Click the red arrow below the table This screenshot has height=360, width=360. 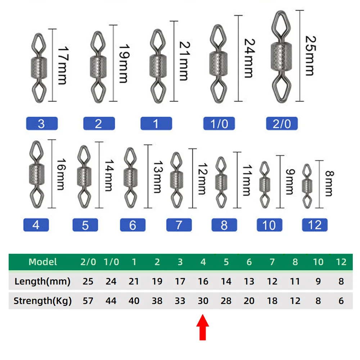click(x=202, y=327)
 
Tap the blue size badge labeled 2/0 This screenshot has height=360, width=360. click(x=282, y=123)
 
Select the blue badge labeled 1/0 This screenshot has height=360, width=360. click(x=219, y=123)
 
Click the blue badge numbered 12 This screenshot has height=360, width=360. click(x=315, y=225)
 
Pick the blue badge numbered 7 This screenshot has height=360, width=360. click(x=179, y=225)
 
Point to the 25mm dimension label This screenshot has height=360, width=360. click(x=311, y=56)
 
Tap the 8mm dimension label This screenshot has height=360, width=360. click(x=329, y=184)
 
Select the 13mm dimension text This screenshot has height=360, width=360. click(x=158, y=177)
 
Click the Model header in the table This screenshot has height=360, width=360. click(x=43, y=262)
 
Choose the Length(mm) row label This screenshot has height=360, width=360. click(x=42, y=282)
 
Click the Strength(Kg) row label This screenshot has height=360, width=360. click(x=42, y=301)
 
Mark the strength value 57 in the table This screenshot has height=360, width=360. click(x=88, y=301)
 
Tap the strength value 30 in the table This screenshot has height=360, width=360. click(x=203, y=301)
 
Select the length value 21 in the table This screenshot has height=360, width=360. click(x=134, y=282)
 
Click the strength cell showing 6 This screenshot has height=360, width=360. click(x=341, y=301)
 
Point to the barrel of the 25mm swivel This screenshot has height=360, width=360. click(x=281, y=57)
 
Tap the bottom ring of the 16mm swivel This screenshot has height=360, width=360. click(x=37, y=197)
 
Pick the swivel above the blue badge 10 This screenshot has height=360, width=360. click(x=265, y=185)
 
